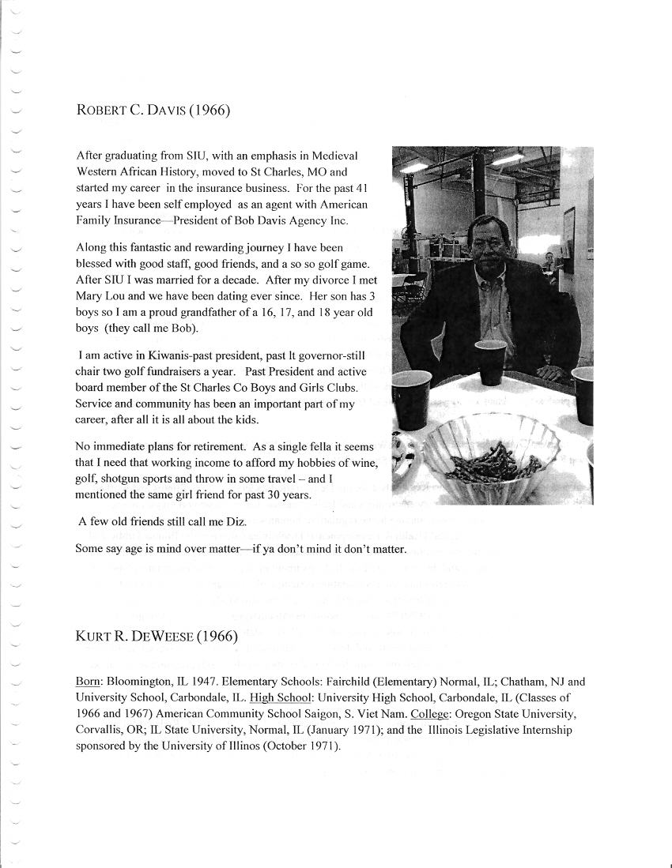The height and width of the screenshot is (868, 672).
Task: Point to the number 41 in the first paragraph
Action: click(360, 190)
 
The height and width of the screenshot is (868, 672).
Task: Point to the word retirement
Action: click(213, 447)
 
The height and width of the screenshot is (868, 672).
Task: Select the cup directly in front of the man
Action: click(490, 362)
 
